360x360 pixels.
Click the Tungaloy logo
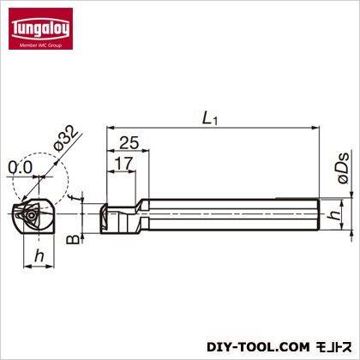tap(40, 28)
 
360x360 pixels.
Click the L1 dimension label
tap(210, 118)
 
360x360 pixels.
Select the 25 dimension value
tap(129, 143)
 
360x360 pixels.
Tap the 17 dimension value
tap(124, 164)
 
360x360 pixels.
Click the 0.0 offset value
tap(20, 167)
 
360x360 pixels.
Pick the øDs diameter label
tap(344, 168)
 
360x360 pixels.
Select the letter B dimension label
tap(73, 239)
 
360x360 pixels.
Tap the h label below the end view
tap(39, 255)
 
